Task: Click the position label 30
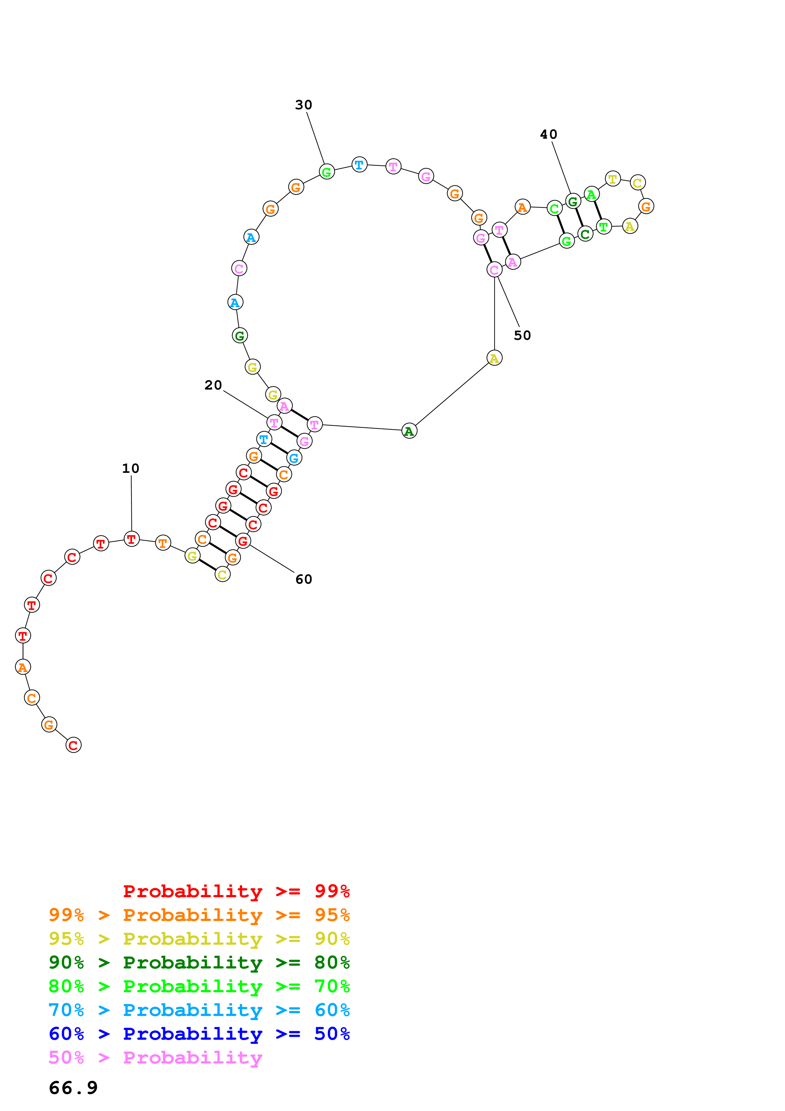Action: (303, 105)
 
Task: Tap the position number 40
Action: (548, 135)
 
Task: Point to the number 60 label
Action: (303, 579)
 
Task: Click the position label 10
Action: (130, 468)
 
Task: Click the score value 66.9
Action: (73, 1088)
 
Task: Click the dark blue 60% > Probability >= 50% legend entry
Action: (199, 1034)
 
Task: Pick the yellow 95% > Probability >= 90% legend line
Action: (199, 939)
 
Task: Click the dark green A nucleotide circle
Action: (409, 431)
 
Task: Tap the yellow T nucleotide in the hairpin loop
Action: (613, 179)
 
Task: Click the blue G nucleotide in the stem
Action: (294, 457)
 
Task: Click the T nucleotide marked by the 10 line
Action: (131, 539)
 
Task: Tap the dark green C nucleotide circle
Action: (585, 234)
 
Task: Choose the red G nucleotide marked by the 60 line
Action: (243, 541)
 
